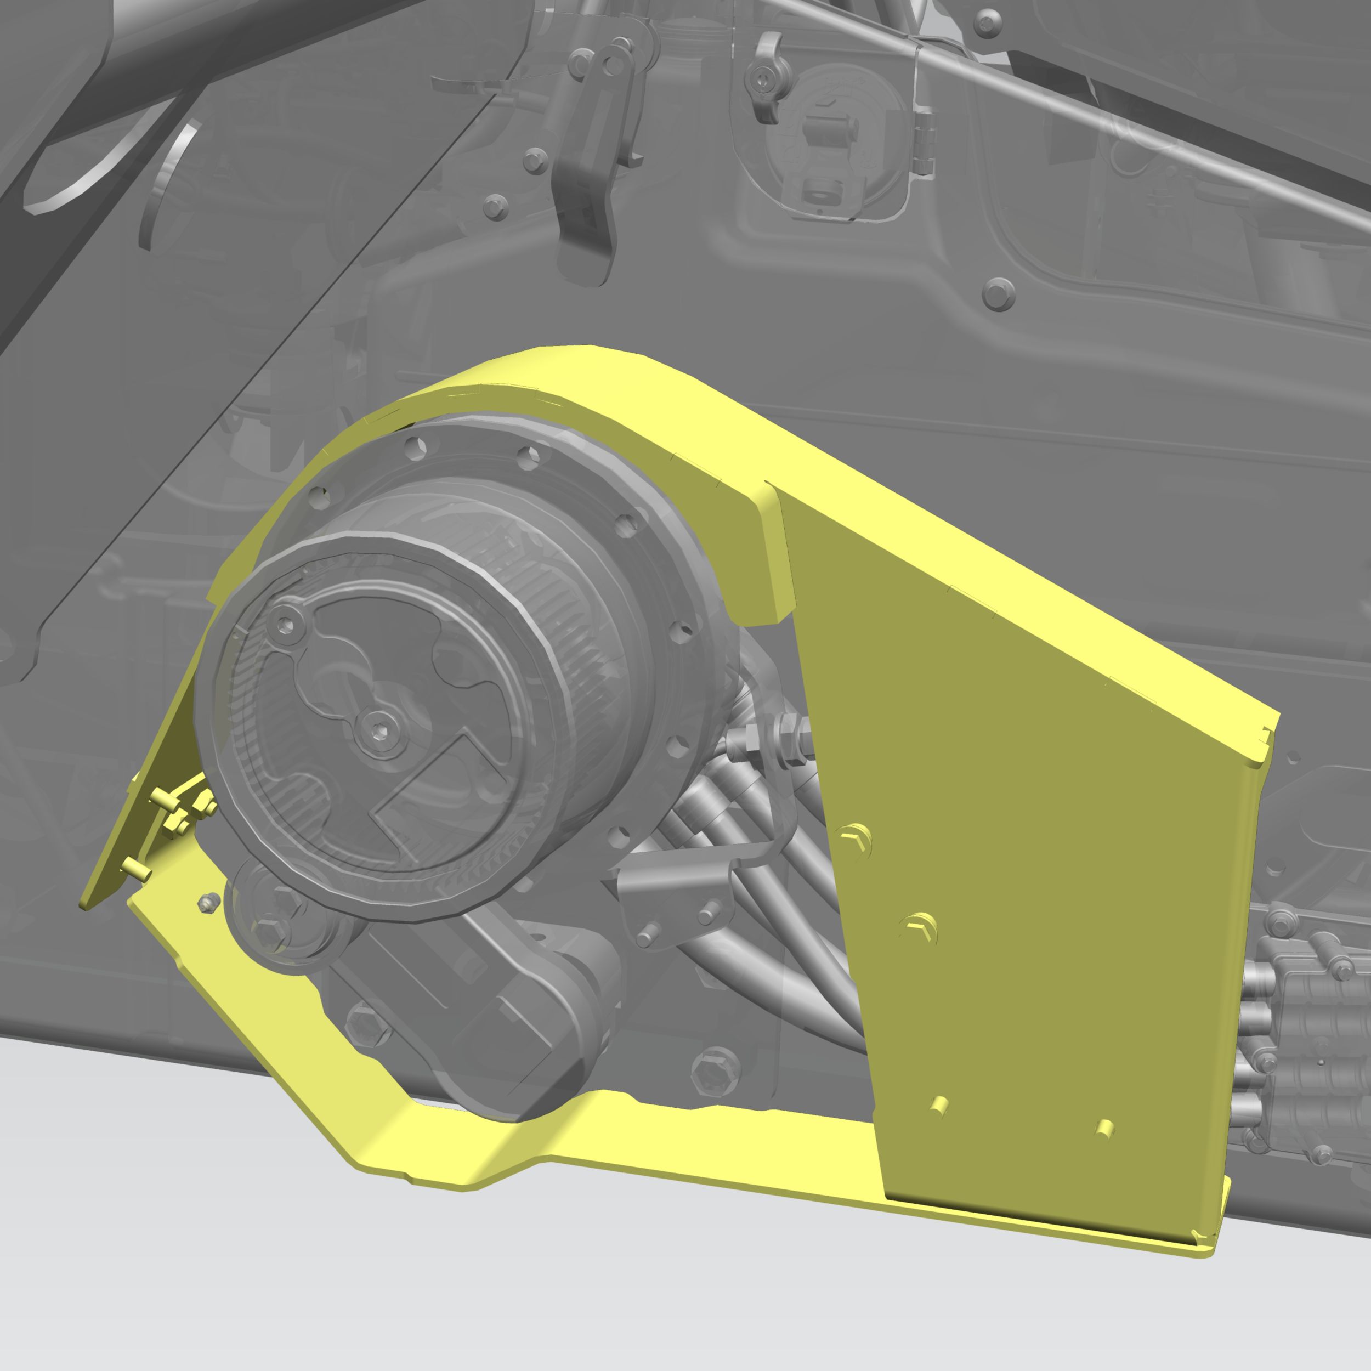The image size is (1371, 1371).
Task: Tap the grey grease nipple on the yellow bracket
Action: coord(207,903)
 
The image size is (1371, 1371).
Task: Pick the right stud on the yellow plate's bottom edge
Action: coord(1105,1128)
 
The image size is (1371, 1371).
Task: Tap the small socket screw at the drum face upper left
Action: coord(285,625)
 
